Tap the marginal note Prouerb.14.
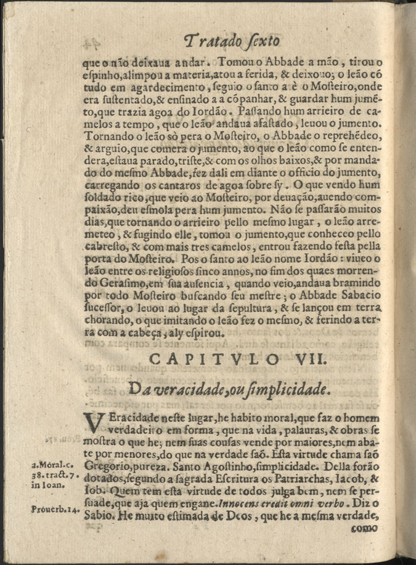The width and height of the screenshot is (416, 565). (53, 509)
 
